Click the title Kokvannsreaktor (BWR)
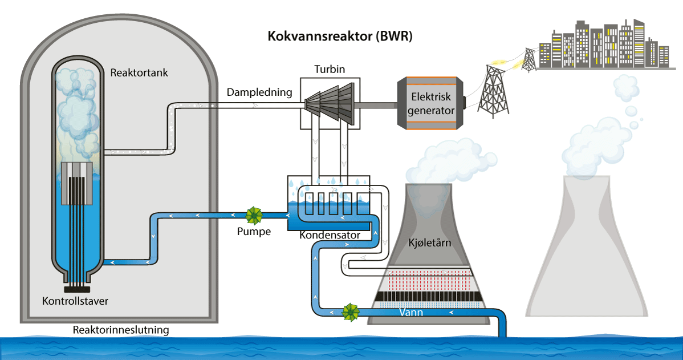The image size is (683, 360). [x=340, y=37]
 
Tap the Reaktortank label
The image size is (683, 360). [x=139, y=73]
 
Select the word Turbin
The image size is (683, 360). [x=330, y=70]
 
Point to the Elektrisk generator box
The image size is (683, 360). [x=431, y=104]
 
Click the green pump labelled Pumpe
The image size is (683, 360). [x=254, y=216]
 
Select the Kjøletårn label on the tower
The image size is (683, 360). [x=430, y=243]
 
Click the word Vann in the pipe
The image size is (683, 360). [x=410, y=312]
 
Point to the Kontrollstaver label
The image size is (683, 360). [x=75, y=300]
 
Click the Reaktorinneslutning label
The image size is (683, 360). [x=121, y=330]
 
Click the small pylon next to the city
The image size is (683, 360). [x=530, y=59]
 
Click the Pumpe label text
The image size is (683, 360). [x=254, y=232]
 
